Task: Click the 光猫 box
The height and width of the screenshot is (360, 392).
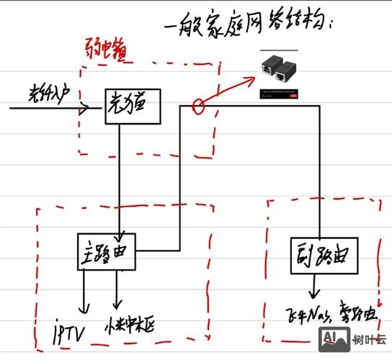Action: pos(132,106)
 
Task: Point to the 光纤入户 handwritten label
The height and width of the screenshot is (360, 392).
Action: pos(49,95)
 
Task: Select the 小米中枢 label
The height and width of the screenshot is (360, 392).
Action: pos(138,323)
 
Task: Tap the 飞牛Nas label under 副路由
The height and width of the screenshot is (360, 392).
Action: pos(302,315)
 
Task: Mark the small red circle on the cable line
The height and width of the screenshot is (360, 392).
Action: pos(199,107)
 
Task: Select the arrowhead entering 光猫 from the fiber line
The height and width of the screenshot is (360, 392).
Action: pos(86,109)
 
